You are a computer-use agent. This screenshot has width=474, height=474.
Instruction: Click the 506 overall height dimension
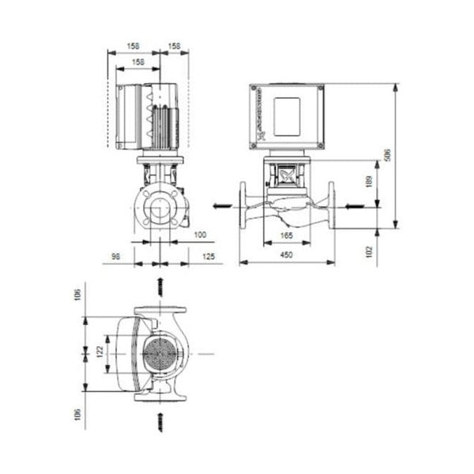(x=387, y=156)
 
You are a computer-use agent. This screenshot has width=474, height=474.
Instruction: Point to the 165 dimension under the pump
(x=286, y=236)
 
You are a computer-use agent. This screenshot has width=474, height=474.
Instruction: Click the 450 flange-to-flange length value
(x=286, y=254)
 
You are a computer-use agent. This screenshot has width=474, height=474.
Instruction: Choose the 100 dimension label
(x=199, y=235)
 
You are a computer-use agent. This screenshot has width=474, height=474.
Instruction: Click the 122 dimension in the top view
(x=99, y=351)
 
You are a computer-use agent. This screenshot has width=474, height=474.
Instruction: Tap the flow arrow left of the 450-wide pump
(x=224, y=206)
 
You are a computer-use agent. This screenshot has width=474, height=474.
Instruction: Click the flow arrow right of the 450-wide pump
(x=353, y=206)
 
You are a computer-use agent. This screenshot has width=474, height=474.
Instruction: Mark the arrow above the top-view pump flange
(x=160, y=285)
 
